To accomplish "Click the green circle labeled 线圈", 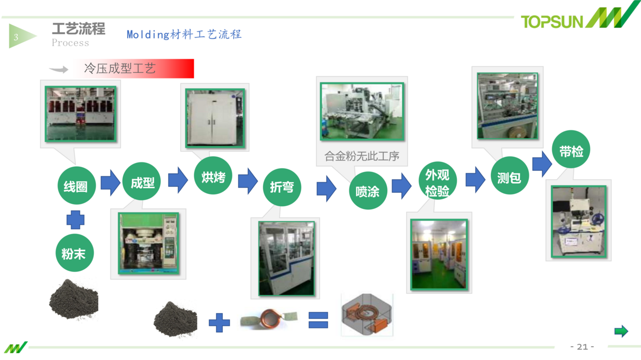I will [76, 186].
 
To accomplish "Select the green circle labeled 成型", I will [142, 183].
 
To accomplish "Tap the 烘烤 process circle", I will [213, 177].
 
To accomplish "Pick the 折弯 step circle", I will [282, 187].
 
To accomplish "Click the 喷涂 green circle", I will [368, 191].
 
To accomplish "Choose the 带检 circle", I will [571, 152].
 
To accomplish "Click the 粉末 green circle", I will [74, 254].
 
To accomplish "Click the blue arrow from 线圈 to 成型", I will [110, 183].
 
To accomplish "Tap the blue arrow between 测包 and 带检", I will [542, 163].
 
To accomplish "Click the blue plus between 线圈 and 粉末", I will [75, 220].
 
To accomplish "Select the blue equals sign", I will [318, 319].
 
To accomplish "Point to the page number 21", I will [582, 347].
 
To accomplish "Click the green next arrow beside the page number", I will [621, 332].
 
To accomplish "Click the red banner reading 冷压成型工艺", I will [135, 69].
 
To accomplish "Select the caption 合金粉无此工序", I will [362, 156].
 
